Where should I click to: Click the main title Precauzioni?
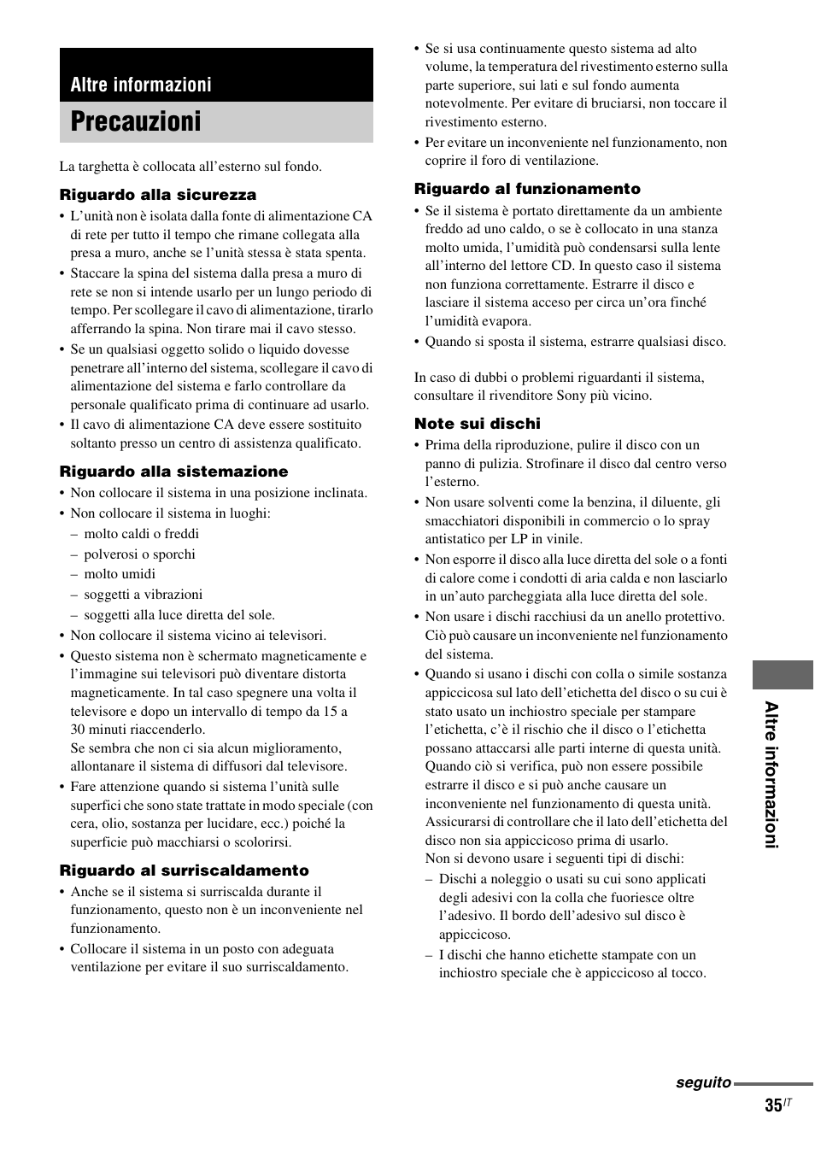click(136, 122)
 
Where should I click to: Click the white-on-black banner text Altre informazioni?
click(141, 85)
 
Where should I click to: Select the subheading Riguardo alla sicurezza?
click(157, 195)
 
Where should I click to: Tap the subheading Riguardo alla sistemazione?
click(173, 472)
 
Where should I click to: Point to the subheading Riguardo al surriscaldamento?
click(184, 871)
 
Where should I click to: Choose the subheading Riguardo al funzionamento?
click(527, 189)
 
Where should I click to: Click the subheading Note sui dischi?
click(477, 424)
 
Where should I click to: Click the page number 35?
click(772, 1105)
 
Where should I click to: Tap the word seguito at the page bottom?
click(703, 1082)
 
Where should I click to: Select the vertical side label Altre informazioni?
click(771, 775)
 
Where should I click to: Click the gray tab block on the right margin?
click(783, 674)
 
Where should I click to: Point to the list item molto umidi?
click(120, 574)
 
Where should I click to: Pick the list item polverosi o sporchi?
click(139, 554)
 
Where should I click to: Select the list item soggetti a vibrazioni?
click(143, 595)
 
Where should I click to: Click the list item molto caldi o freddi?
click(141, 534)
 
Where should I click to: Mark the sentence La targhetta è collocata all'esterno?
click(191, 167)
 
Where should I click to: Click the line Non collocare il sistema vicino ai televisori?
click(198, 636)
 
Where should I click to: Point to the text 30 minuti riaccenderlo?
click(138, 730)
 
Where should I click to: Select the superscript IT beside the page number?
click(788, 1102)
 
